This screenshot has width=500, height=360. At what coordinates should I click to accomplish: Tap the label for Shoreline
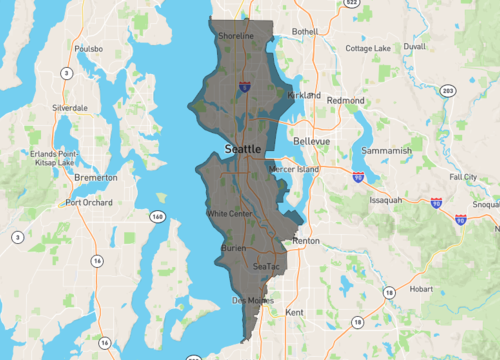point(236,36)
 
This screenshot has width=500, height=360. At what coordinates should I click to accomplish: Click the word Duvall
point(414,46)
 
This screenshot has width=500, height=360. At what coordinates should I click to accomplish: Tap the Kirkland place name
point(303,95)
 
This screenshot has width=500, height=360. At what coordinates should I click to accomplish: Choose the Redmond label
point(345,101)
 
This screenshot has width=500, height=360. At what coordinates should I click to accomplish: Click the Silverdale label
point(72,107)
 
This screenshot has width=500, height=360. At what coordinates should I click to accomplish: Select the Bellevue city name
point(312,141)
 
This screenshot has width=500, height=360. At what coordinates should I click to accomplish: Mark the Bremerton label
point(96,177)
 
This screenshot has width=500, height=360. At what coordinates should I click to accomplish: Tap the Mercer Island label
point(294,169)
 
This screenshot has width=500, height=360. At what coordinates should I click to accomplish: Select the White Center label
point(229,214)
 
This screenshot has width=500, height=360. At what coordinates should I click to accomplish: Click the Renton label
point(305,242)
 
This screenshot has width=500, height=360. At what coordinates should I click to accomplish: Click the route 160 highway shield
point(157,216)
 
